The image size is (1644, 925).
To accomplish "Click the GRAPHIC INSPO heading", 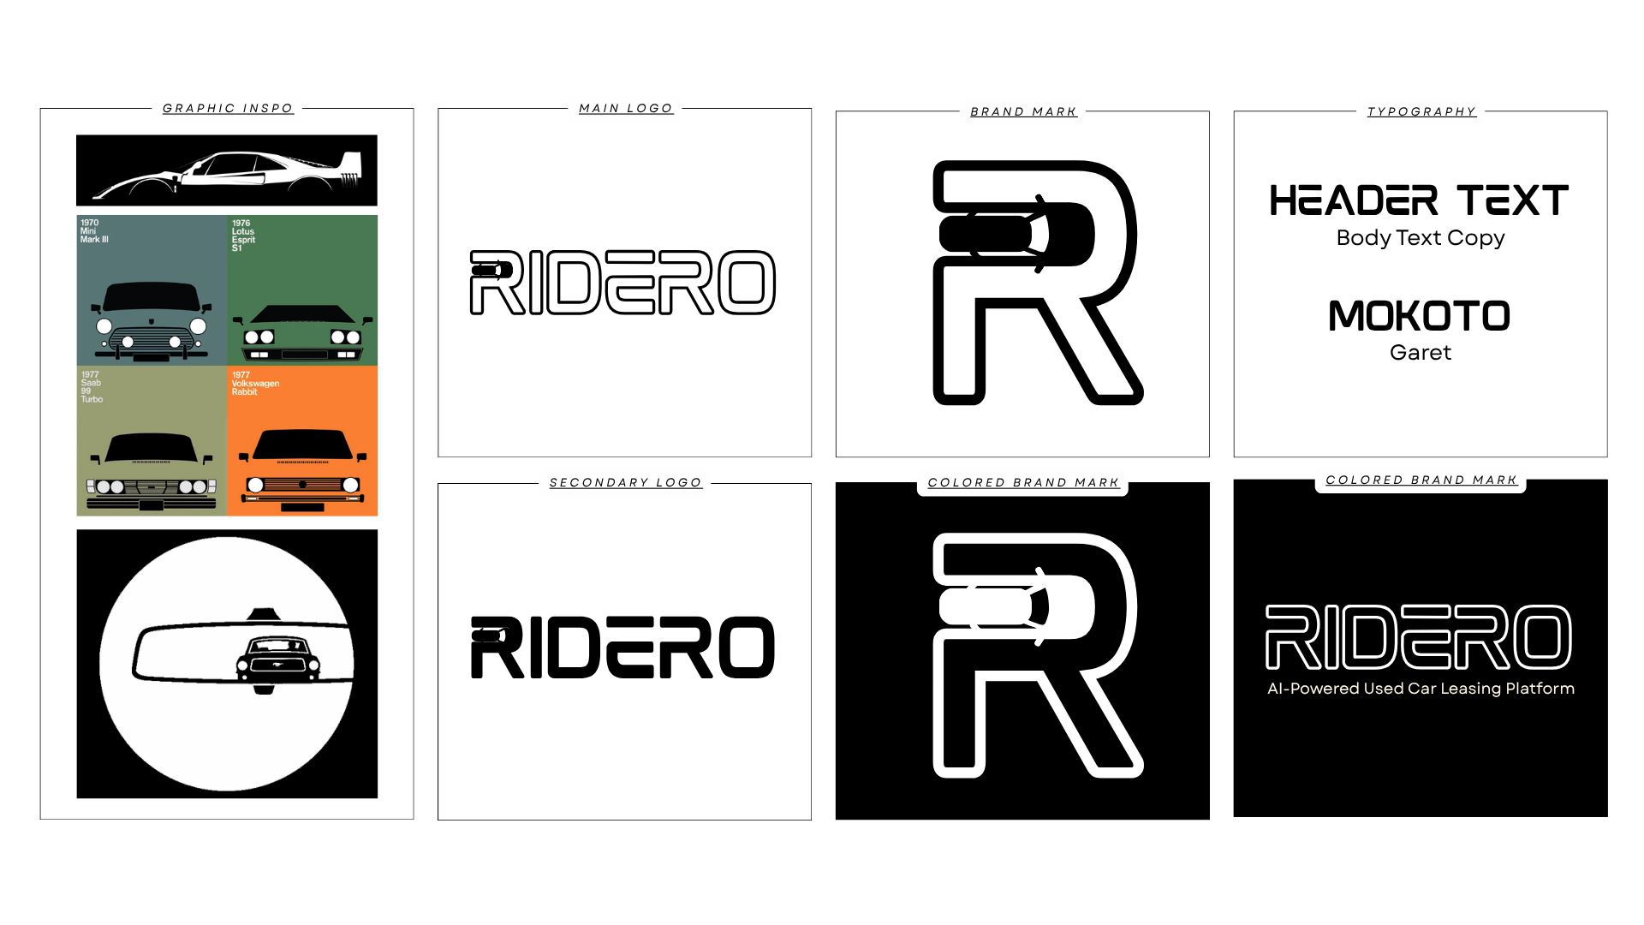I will click(228, 109).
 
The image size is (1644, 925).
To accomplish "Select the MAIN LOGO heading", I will click(626, 109).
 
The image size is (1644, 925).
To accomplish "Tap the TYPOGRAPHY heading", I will click(1421, 112).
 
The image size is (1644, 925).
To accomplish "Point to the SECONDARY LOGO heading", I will click(625, 483).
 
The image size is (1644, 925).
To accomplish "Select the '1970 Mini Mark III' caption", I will click(94, 231).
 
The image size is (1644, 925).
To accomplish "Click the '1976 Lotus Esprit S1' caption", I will click(243, 236).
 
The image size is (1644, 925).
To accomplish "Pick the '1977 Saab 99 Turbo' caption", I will click(92, 387).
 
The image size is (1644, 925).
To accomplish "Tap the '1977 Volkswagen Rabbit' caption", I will click(254, 384).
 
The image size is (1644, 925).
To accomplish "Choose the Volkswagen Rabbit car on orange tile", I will click(302, 470).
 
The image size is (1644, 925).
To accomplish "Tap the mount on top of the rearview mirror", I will click(262, 613).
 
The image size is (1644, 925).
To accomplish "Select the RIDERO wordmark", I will click(1418, 637).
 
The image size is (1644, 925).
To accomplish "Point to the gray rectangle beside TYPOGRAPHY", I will click(1546, 124).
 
